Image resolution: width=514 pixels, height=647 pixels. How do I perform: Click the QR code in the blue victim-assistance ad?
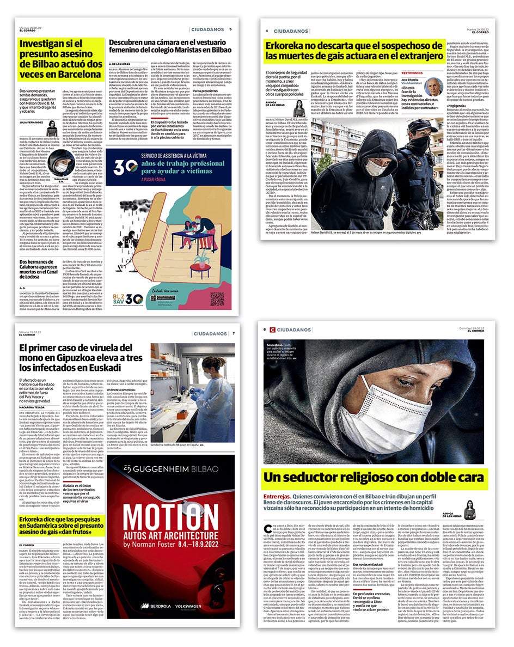(217, 299)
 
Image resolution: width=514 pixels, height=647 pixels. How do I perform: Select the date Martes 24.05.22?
(476, 30)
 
